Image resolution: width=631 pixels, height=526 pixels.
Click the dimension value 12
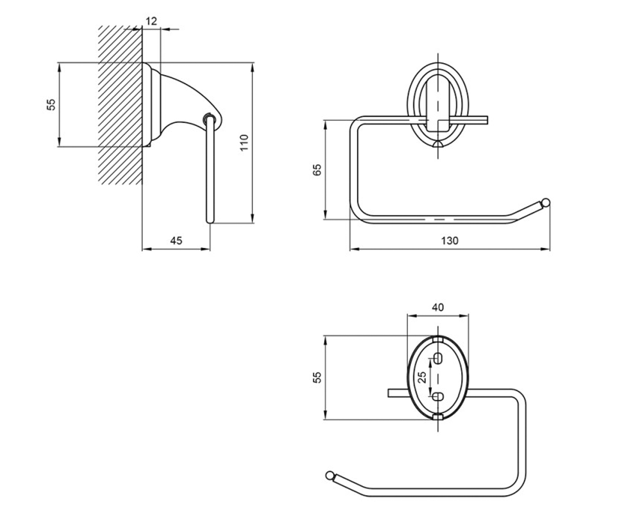(x=151, y=21)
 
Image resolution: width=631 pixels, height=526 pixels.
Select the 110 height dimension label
(x=244, y=143)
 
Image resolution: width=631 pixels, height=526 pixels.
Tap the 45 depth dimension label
(x=176, y=240)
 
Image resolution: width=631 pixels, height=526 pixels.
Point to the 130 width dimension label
(x=450, y=240)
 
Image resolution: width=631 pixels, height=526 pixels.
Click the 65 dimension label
(x=317, y=170)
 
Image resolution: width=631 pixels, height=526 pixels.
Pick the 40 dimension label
(x=438, y=307)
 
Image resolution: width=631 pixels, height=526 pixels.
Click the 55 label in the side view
(x=52, y=105)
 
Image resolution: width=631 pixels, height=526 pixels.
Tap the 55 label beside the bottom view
(x=317, y=377)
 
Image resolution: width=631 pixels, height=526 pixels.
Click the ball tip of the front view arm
(x=546, y=202)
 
